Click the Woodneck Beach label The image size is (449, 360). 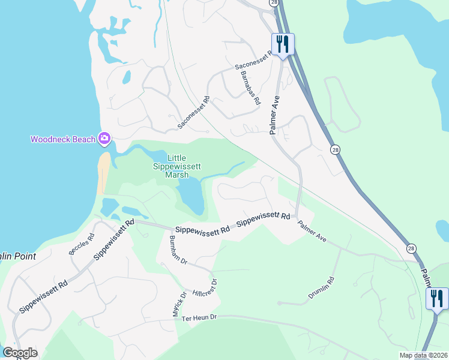coord(63,140)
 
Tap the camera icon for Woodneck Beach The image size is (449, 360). coord(104,139)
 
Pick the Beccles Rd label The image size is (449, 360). coord(82,244)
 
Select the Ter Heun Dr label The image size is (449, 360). coord(199,317)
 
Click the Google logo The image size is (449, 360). coord(20,353)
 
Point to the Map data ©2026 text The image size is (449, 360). coord(423,355)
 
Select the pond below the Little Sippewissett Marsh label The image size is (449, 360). coord(191,196)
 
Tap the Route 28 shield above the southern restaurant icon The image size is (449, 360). coord(411,248)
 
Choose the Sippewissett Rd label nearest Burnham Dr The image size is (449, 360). coord(202,230)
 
